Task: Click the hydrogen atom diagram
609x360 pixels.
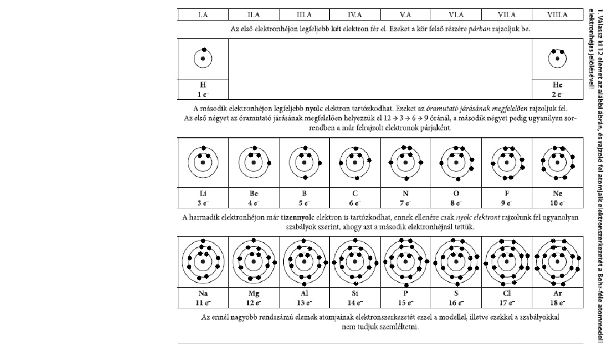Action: (x=203, y=58)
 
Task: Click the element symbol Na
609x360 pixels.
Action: (x=203, y=293)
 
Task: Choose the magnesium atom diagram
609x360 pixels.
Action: (x=253, y=261)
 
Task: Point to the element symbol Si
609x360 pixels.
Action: (x=355, y=293)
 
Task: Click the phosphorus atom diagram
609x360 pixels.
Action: (x=405, y=261)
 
